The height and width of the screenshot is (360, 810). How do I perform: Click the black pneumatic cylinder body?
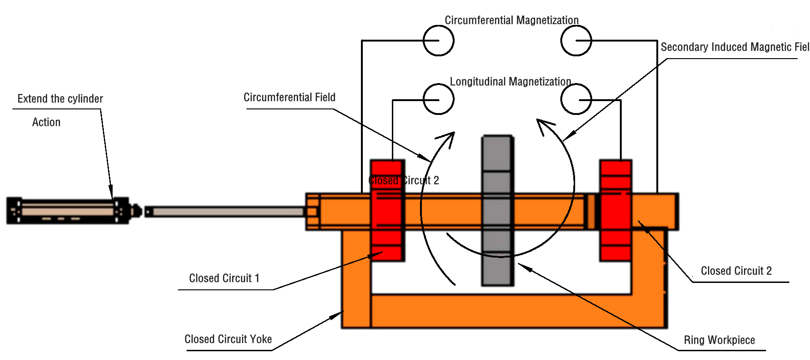pyautogui.click(x=67, y=211)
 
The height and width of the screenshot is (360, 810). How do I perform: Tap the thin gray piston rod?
pyautogui.click(x=226, y=212)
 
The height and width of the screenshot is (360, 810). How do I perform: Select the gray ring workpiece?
pyautogui.click(x=498, y=210)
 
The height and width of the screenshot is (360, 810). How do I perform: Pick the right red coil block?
pyautogui.click(x=615, y=210)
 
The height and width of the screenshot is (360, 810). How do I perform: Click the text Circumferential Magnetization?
pyautogui.click(x=511, y=20)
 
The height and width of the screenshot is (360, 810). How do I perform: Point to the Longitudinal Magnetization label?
pyautogui.click(x=510, y=82)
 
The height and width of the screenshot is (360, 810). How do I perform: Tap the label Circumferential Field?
pyautogui.click(x=289, y=97)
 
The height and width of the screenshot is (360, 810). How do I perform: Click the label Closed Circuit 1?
pyautogui.click(x=224, y=278)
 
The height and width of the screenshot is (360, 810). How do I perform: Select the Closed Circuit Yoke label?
pyautogui.click(x=228, y=339)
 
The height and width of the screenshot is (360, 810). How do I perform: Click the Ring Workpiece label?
pyautogui.click(x=719, y=340)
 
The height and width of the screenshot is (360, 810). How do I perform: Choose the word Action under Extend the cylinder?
pyautogui.click(x=46, y=122)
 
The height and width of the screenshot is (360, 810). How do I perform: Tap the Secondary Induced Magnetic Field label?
pyautogui.click(x=734, y=47)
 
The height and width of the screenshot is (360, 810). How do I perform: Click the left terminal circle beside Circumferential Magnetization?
pyautogui.click(x=438, y=41)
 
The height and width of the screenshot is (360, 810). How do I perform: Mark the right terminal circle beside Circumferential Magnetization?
pyautogui.click(x=576, y=41)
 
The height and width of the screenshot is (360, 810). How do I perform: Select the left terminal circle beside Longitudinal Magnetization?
pyautogui.click(x=438, y=99)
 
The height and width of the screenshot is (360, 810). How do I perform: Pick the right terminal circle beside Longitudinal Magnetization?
pyautogui.click(x=576, y=99)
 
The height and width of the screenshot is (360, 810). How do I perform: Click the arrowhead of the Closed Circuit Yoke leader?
pyautogui.click(x=336, y=316)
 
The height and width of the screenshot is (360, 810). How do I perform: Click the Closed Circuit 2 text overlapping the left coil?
pyautogui.click(x=404, y=180)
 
